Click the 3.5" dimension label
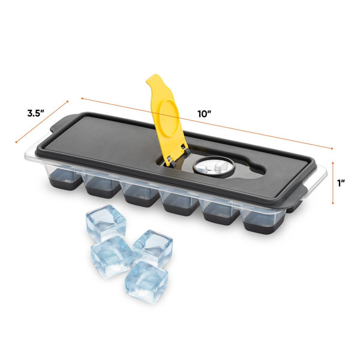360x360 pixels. [x=35, y=113]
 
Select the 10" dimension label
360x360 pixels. [x=204, y=114]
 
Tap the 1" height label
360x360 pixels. [x=341, y=183]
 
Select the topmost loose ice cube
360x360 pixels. [x=106, y=223]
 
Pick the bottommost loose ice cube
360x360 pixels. [x=146, y=282]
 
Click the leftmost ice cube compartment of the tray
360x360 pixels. [x=65, y=179]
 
